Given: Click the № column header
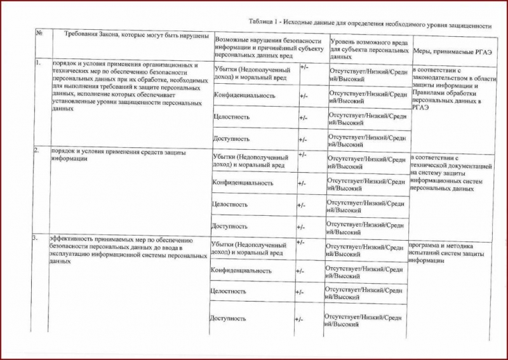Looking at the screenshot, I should tap(39, 33).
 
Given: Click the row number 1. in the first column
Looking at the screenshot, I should tap(38, 63).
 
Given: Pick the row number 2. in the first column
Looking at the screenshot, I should tap(37, 150).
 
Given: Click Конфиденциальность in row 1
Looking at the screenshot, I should tap(244, 95).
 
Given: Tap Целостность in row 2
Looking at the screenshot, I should tap(230, 204).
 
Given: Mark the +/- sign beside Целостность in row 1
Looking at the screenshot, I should tap(303, 117).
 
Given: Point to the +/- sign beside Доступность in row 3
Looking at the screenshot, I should tap(299, 316).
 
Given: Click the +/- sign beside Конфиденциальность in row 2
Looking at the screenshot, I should tap(302, 183).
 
